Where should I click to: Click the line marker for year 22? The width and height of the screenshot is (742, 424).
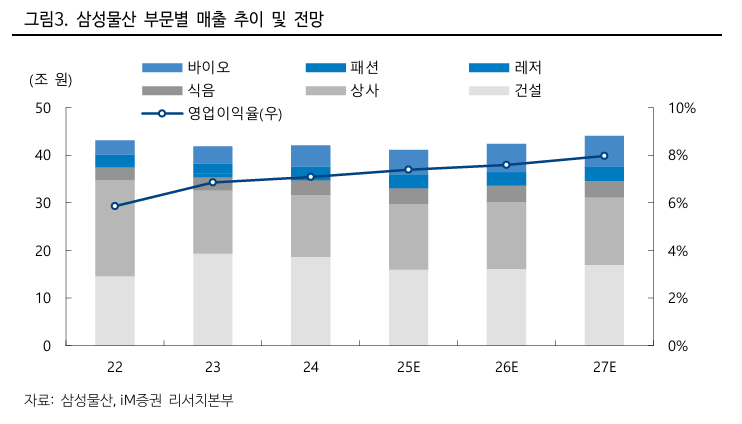(115, 206)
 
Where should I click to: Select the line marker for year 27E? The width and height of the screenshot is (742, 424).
(604, 156)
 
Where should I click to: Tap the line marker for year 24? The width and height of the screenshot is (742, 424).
(311, 177)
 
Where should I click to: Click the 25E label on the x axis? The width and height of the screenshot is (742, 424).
(408, 368)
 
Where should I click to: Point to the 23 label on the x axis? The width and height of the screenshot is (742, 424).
(213, 368)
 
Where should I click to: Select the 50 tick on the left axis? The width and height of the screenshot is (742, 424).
(44, 108)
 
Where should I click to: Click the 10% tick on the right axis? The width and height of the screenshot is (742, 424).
(682, 108)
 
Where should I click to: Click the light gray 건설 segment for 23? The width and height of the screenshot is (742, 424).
(213, 299)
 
